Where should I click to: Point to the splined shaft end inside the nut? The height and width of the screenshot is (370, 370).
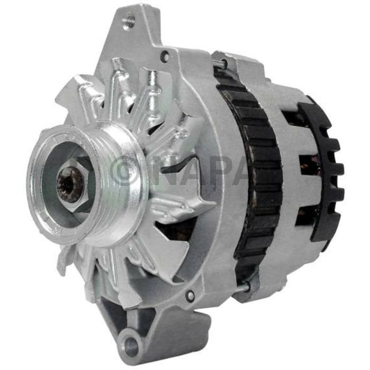[x=70, y=185]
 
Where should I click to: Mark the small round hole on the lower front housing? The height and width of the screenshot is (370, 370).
[x=190, y=295]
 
